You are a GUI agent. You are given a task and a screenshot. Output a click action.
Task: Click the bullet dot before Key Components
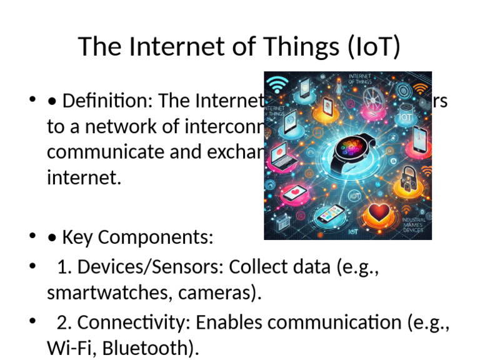coord(32,237)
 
